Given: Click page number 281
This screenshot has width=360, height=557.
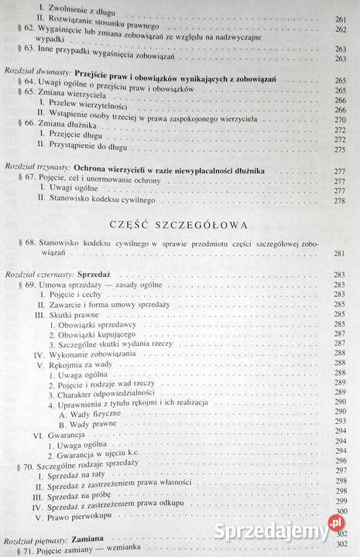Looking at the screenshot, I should click(x=340, y=253).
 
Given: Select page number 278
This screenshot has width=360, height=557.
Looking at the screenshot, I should click(x=340, y=200).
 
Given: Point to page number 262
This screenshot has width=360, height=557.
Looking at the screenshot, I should click(x=341, y=28).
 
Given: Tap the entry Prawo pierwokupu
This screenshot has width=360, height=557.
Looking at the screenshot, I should click(x=86, y=511).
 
